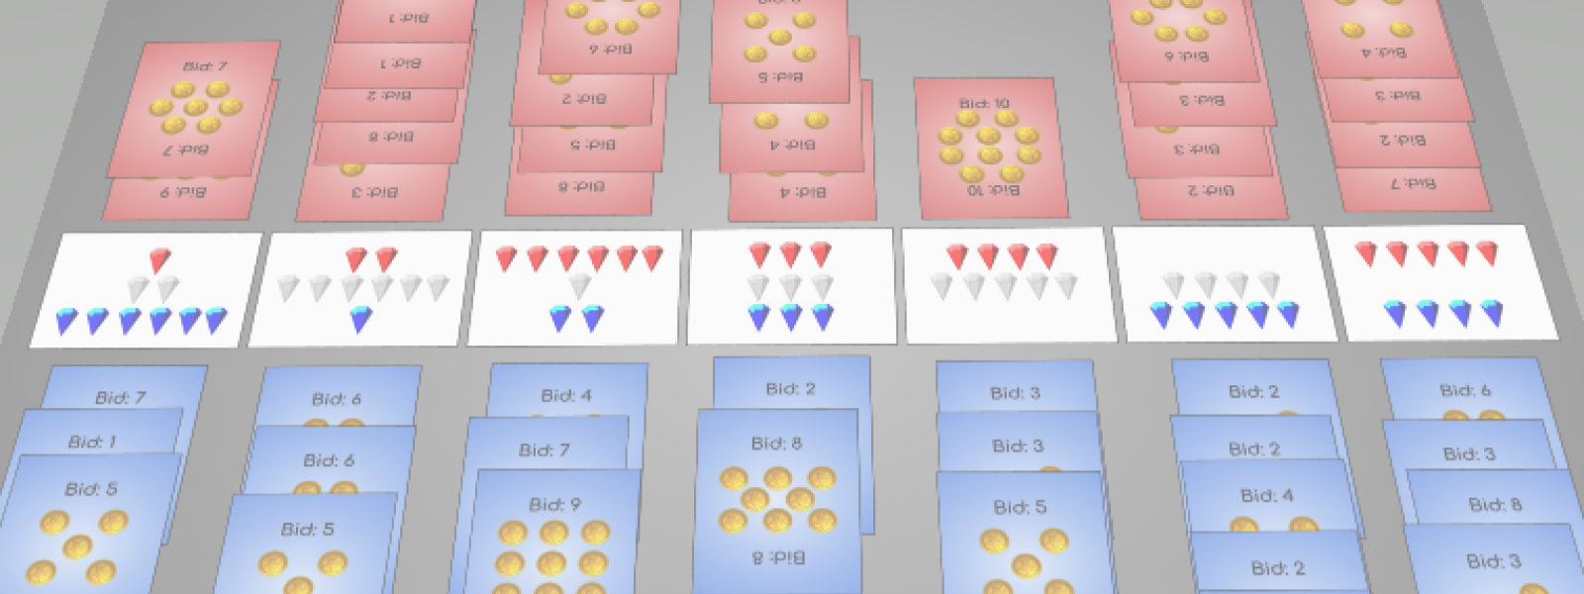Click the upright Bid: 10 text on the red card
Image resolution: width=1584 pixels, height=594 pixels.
pyautogui.click(x=984, y=103)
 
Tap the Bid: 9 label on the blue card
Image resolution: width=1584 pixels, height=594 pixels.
pyautogui.click(x=554, y=504)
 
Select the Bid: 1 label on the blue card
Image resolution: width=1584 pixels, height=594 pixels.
pyautogui.click(x=92, y=442)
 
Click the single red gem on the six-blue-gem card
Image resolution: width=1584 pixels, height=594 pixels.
pyautogui.click(x=159, y=260)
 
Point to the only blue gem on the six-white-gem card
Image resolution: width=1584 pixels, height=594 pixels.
pyautogui.click(x=361, y=319)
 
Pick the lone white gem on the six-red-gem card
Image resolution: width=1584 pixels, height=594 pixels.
pyautogui.click(x=579, y=287)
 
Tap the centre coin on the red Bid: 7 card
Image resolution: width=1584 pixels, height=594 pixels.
pyautogui.click(x=196, y=107)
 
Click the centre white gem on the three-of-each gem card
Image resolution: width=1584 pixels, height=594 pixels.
pyautogui.click(x=790, y=287)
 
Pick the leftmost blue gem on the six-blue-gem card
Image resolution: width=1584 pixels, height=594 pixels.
pyautogui.click(x=66, y=321)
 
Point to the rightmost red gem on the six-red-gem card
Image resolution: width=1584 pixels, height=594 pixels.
pyautogui.click(x=652, y=258)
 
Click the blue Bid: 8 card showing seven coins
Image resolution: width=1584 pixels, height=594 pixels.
pyautogui.click(x=777, y=495)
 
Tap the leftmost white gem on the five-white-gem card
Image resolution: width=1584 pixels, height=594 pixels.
pyautogui.click(x=941, y=286)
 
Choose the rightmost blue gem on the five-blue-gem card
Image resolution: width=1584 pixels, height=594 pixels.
pyautogui.click(x=1288, y=314)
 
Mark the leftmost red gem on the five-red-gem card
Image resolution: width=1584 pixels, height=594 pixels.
pyautogui.click(x=1366, y=254)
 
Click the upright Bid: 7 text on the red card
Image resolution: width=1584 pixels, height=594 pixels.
pyautogui.click(x=205, y=66)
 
